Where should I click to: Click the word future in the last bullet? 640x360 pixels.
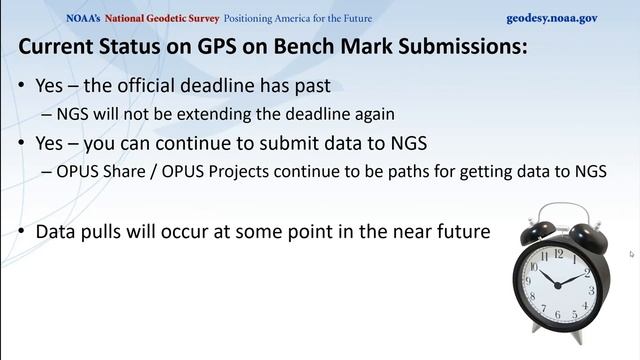[459, 231]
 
